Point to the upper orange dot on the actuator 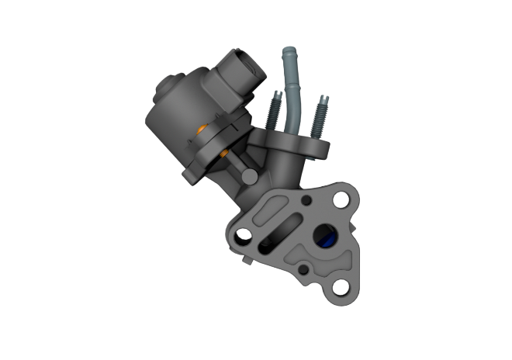click(202, 127)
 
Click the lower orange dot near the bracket click(226, 155)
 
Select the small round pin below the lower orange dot click(247, 177)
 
